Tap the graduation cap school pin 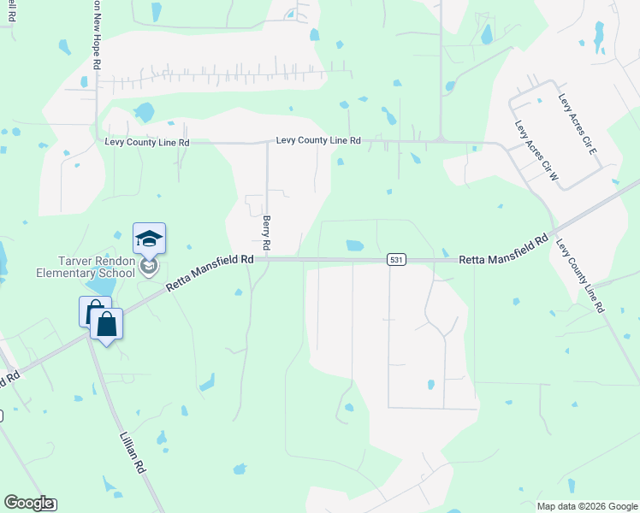tap(149, 239)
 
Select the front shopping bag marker tap(106, 325)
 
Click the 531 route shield tap(395, 259)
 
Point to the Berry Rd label tap(267, 233)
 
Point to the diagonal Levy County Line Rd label tap(581, 274)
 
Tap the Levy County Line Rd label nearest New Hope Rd tap(146, 142)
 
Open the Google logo tap(28, 503)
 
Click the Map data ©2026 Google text tap(586, 506)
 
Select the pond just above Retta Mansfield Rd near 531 tap(354, 245)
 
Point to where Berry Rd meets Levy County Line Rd tap(268, 143)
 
